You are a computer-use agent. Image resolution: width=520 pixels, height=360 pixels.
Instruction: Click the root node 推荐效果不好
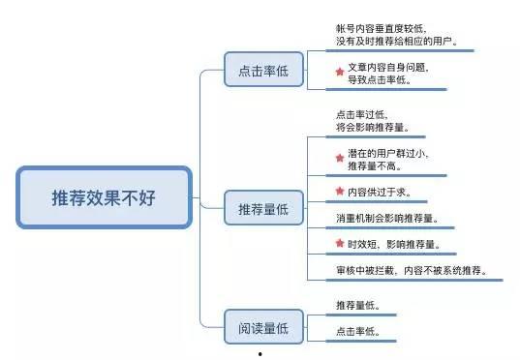pos(103,198)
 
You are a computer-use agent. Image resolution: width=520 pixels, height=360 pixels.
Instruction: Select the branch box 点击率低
pos(256,71)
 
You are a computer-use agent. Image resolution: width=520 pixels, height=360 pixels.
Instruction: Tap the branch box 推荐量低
pos(256,208)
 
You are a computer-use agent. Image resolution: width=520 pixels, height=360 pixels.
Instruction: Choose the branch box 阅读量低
pos(256,328)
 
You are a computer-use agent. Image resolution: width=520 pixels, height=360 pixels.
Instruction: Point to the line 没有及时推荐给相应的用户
pos(396,43)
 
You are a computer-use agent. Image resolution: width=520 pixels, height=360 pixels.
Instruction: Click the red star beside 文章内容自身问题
pos(339,72)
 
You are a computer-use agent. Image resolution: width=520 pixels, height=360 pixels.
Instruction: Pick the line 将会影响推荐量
pos(372,127)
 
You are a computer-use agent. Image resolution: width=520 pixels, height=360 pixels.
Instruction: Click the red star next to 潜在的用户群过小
pos(339,157)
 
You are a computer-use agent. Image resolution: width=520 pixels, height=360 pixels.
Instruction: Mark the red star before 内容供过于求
pos(339,191)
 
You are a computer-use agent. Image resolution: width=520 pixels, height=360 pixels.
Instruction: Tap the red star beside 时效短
pos(339,243)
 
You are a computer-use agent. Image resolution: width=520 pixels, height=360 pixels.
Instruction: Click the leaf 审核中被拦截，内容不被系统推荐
pos(412,270)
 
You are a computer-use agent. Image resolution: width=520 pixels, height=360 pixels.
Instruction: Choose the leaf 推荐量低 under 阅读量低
pos(357,306)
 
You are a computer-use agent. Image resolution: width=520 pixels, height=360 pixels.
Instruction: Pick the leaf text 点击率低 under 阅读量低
pos(357,332)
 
